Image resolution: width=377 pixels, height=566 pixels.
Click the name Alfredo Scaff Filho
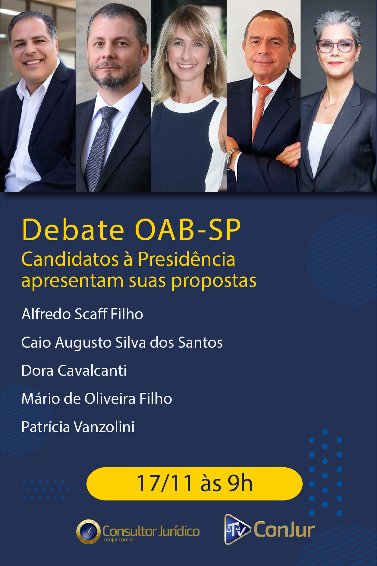(82, 314)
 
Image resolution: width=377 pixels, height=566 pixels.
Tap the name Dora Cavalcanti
(74, 370)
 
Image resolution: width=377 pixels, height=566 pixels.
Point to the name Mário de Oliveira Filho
(97, 398)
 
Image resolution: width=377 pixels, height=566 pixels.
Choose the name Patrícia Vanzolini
(78, 427)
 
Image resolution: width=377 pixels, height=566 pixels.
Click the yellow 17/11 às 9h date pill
(194, 484)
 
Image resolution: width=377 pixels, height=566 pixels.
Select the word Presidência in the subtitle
(187, 259)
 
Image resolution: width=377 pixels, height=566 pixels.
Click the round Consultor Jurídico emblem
(88, 531)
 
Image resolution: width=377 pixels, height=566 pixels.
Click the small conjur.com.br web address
(119, 540)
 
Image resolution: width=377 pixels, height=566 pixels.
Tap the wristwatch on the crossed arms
(231, 157)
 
